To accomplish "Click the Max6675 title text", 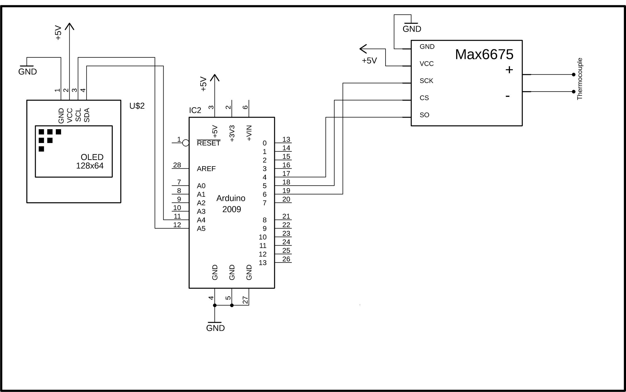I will tap(484, 55).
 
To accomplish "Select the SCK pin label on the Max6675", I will tap(426, 81).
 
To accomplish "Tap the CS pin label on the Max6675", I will tap(424, 98).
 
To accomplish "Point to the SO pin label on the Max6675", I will tap(424, 115).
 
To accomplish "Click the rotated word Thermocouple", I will tap(580, 79).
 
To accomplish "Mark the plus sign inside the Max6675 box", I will tap(509, 70).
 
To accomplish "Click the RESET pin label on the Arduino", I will tap(208, 143).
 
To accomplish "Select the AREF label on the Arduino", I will tap(206, 169).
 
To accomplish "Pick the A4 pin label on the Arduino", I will tap(201, 220).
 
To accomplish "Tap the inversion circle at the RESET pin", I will tap(186, 143).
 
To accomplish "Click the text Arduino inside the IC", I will tap(231, 198).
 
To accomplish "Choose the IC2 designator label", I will tap(195, 110).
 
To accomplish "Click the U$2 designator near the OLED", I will tap(137, 106).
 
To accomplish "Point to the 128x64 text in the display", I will tap(90, 166).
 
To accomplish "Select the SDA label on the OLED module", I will tap(87, 115).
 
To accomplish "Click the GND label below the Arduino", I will tap(215, 328).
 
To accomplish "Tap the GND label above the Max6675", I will tap(412, 29).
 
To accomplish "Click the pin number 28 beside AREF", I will tap(177, 165).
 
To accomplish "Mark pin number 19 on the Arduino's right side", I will tap(286, 191).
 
